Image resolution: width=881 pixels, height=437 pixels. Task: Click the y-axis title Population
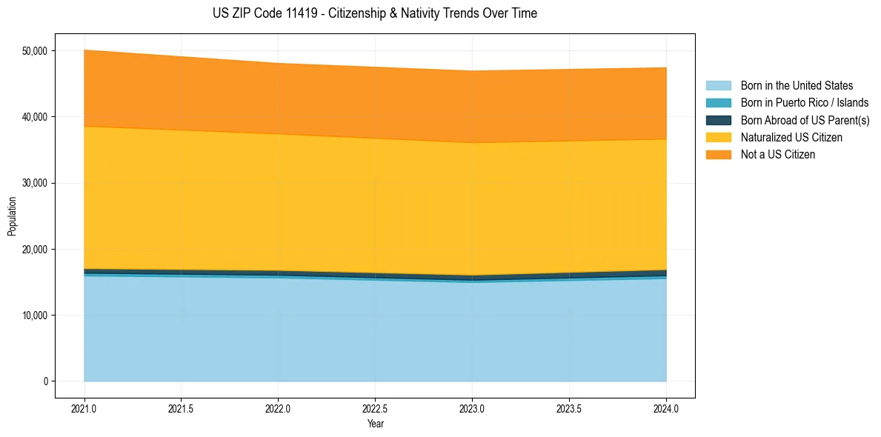coord(12,216)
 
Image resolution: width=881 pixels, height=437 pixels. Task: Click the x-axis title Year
coord(375,424)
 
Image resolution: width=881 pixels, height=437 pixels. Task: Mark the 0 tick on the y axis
coord(44,381)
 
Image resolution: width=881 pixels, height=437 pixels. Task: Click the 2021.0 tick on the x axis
coord(84,408)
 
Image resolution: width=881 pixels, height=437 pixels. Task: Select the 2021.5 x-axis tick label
coord(182,408)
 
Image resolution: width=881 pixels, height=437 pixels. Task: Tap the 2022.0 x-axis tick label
coord(278,408)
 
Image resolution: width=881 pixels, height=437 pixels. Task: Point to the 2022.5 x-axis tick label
coord(375,408)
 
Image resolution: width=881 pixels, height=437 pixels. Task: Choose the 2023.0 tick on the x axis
coord(472,408)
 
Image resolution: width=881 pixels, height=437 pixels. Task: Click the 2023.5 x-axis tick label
coord(569,408)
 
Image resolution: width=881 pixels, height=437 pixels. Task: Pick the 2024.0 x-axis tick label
coord(666,408)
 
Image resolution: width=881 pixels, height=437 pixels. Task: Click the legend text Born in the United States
coord(797,86)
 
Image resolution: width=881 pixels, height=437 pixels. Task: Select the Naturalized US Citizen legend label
coord(791,138)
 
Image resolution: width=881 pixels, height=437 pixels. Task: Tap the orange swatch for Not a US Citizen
coord(718,155)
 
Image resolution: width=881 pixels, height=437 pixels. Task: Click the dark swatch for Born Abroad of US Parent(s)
coord(718,120)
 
